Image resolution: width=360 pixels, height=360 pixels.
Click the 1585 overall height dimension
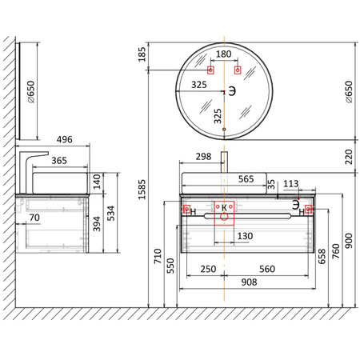coord(142,189)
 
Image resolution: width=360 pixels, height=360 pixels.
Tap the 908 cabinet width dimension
coord(249,282)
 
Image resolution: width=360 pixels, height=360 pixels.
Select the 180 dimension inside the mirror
coord(223,54)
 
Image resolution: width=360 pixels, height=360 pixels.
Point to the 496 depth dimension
coord(64,139)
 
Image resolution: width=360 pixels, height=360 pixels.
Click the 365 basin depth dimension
coord(59,161)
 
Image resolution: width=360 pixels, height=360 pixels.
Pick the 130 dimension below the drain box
coord(245,236)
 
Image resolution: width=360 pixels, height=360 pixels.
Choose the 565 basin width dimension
coord(246,179)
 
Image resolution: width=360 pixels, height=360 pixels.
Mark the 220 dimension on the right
coord(349,157)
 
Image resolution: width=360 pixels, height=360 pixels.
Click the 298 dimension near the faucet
coord(203,157)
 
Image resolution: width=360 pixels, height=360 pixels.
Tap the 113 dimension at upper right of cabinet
coord(290,184)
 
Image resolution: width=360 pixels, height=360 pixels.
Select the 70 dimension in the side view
coord(34,218)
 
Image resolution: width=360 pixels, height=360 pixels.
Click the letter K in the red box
coord(224,207)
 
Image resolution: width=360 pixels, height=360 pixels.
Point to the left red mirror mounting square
coord(210,70)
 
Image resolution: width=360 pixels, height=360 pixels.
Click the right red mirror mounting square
coord(238,70)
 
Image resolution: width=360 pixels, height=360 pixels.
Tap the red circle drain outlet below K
coord(224,216)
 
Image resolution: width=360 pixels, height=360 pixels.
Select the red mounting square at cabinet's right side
coord(309,209)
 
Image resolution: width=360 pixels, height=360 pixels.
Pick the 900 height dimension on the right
coord(349,241)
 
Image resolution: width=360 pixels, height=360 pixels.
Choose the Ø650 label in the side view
coord(30,92)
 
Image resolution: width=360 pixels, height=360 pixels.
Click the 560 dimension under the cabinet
coord(267,269)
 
